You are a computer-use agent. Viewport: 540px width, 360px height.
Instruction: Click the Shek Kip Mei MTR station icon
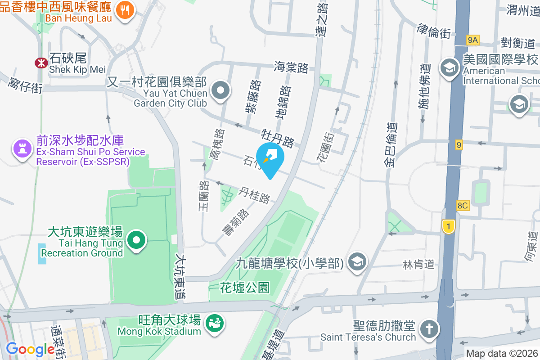click(41, 63)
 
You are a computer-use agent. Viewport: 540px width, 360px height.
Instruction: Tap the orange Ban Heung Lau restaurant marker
click(125, 11)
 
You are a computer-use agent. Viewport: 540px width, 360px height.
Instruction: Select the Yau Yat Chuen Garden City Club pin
click(220, 90)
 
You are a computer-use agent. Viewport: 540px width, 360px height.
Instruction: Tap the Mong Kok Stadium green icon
click(212, 322)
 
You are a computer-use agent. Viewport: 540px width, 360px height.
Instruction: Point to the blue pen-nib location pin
click(270, 158)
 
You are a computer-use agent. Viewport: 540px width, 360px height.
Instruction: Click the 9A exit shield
click(472, 40)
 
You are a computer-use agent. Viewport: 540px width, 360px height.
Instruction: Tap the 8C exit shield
click(463, 206)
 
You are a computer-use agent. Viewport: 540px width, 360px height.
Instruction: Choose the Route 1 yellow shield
click(448, 226)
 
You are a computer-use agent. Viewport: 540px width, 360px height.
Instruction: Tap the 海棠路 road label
click(291, 68)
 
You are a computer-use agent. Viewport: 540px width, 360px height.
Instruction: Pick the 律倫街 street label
click(434, 31)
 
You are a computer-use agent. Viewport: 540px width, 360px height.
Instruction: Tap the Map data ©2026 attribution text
click(502, 354)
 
